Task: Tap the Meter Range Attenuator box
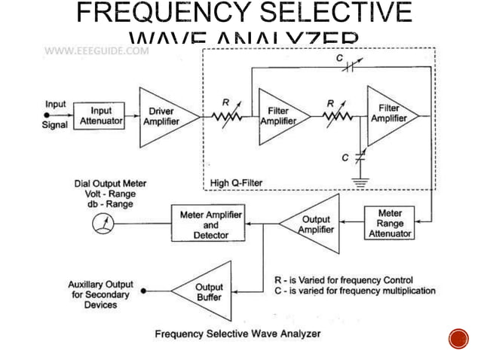coord(390,223)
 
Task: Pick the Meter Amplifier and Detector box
coord(210,224)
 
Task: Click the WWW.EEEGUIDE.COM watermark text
coord(97,51)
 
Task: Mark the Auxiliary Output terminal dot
coord(143,290)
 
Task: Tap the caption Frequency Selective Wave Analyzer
coord(237,332)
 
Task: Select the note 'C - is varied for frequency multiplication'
coord(354,291)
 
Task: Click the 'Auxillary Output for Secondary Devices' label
coord(100,294)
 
